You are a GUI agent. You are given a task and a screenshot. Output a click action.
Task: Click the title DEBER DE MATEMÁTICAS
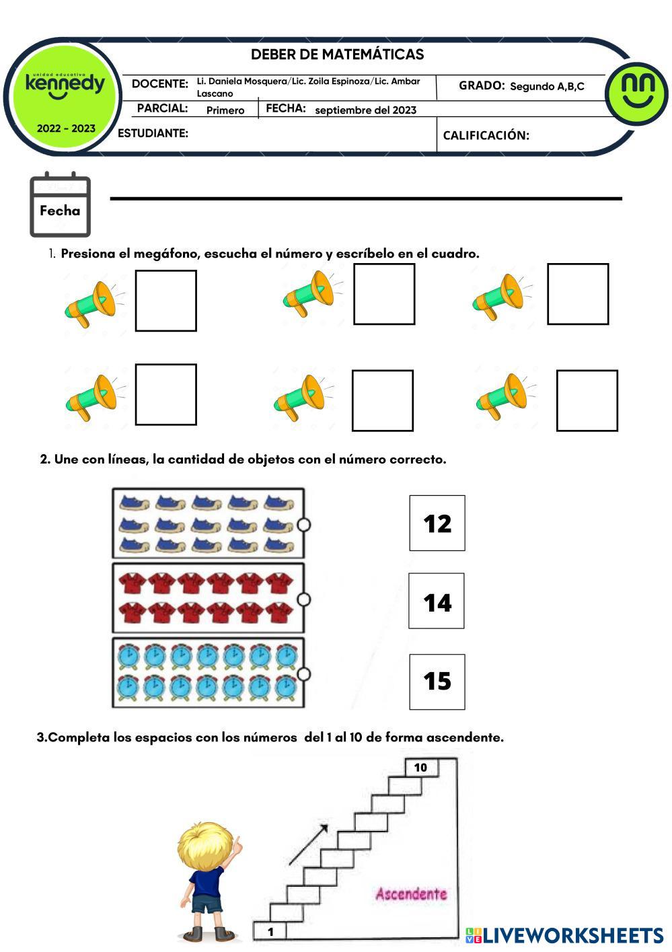point(337,54)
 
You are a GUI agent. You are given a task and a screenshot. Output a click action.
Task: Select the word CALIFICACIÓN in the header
point(486,135)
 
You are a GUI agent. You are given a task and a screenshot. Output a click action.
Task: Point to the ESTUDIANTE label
point(153,133)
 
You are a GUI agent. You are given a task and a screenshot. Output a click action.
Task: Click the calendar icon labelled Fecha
point(60,205)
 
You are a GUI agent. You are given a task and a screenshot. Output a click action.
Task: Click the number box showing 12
point(437,523)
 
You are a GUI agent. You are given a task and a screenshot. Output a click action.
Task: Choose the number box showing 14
point(437,601)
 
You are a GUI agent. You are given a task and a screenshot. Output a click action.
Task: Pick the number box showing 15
point(437,681)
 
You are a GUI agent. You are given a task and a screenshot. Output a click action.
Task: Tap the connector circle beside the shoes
point(303,524)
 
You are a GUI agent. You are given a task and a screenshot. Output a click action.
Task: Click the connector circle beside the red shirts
point(303,599)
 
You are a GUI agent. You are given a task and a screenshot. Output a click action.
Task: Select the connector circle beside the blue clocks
point(303,673)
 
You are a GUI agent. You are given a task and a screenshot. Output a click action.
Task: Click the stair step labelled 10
point(421,768)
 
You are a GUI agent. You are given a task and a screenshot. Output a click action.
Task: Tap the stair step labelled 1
point(270,931)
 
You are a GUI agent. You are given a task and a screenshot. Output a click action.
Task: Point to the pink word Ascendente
point(411,894)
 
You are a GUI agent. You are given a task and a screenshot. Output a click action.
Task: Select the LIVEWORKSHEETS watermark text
point(564,935)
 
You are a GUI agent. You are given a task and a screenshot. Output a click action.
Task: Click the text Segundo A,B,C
point(547,86)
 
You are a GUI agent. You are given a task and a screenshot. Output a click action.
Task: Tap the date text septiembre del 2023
point(365,110)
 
